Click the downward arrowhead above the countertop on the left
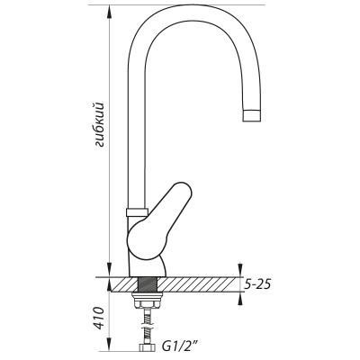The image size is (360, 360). pyautogui.click(x=110, y=269)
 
